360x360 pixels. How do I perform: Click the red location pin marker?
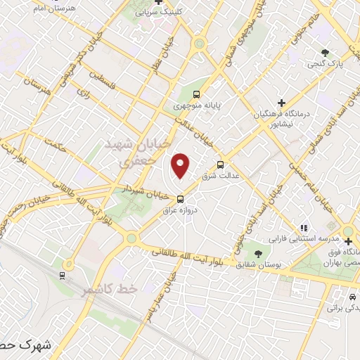pos(181,165)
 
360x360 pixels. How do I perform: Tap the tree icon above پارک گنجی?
pos(325,53)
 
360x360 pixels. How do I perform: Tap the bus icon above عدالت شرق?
pos(221,164)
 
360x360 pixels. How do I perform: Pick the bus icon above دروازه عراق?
pos(181,198)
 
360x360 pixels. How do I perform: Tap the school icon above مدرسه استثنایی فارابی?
pos(304,227)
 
